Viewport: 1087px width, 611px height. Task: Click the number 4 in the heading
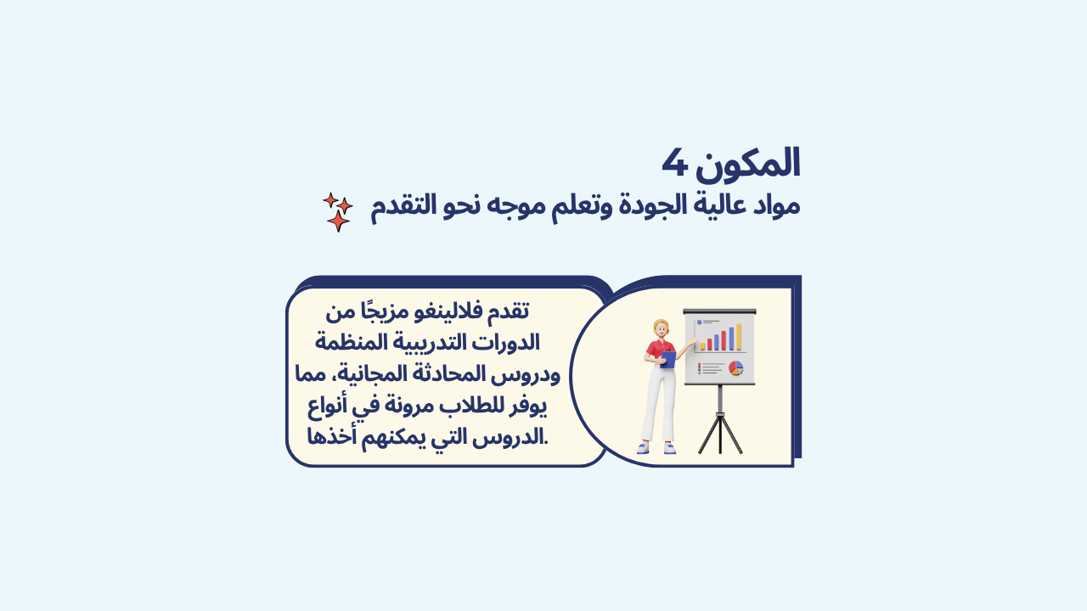point(675,163)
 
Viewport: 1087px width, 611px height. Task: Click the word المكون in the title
point(748,165)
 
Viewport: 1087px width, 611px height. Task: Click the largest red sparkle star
point(338,221)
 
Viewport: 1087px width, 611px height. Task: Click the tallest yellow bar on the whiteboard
point(739,337)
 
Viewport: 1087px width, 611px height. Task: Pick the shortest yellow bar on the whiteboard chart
point(702,346)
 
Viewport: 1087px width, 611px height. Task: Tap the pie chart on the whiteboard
point(735,368)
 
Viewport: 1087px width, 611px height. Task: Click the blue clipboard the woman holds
point(668,360)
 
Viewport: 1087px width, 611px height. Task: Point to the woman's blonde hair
point(661,325)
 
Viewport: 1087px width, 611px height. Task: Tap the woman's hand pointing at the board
point(692,342)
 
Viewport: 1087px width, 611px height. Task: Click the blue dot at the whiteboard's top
point(699,322)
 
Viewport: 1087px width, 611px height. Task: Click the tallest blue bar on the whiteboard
point(731,339)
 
